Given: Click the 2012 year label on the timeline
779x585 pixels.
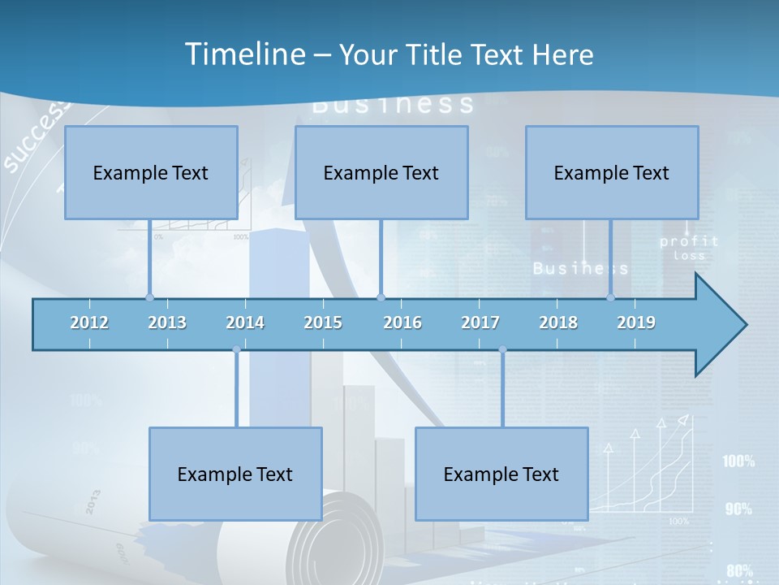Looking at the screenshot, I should [89, 323].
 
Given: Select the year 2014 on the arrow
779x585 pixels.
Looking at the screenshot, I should [245, 323].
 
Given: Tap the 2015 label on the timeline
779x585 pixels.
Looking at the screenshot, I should [323, 323].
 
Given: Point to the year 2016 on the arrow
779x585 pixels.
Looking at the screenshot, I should [402, 323].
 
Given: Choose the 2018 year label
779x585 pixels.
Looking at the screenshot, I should [558, 323].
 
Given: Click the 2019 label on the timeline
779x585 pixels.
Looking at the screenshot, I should [636, 323].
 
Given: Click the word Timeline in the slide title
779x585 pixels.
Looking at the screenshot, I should [243, 54].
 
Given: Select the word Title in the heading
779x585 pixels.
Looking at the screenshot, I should [438, 55].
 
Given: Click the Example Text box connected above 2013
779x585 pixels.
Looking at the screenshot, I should [151, 172].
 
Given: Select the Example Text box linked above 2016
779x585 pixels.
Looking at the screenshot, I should [381, 172].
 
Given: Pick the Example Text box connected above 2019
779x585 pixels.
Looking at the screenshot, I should [612, 172].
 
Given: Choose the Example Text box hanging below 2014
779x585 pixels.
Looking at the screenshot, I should [235, 474].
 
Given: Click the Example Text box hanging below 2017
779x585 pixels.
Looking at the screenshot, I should [501, 474].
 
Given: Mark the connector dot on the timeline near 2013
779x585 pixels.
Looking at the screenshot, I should [149, 297].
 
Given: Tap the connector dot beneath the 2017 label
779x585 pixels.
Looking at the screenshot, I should [502, 350].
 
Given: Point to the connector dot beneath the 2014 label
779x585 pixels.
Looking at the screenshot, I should [236, 350].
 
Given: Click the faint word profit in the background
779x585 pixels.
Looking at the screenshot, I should [689, 241].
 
